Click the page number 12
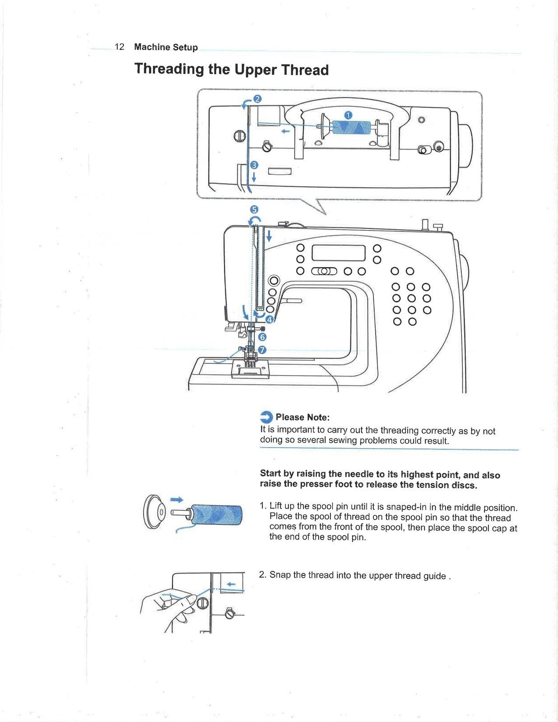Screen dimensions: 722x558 pos(120,47)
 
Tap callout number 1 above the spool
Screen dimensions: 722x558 pos(348,115)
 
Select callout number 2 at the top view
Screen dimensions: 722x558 pos(257,99)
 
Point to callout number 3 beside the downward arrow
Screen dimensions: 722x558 pos(254,165)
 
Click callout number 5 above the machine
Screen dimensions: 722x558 pos(254,209)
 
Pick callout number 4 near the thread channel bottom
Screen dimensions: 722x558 pos(270,319)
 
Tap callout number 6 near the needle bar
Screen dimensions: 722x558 pos(262,337)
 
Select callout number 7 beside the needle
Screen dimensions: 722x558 pos(262,350)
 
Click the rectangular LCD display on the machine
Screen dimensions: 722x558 pos(339,253)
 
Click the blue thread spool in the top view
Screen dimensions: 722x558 pos(351,128)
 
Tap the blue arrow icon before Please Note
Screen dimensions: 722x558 pos(267,417)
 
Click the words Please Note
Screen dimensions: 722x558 pos(302,417)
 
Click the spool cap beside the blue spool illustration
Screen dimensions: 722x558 pos(154,512)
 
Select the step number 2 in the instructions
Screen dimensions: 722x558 pos(262,575)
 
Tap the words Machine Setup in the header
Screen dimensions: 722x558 pos(166,47)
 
